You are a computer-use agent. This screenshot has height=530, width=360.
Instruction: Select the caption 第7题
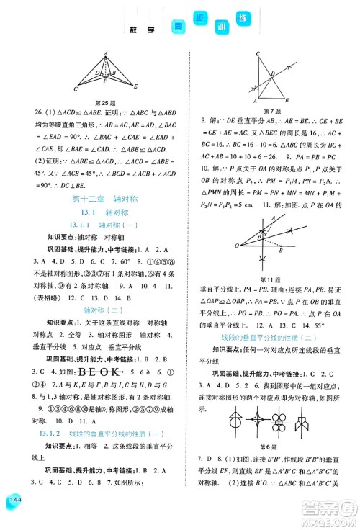[x=271, y=110]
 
